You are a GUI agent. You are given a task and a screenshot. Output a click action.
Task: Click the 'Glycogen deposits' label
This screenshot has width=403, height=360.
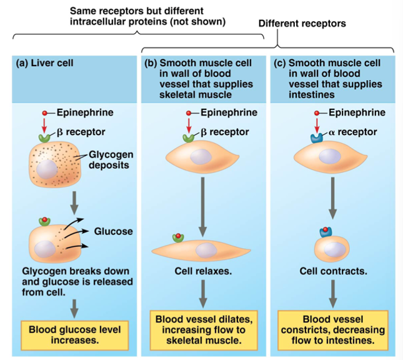coord(111,159)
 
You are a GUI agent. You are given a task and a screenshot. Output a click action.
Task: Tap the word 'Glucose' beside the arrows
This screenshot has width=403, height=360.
coord(113,231)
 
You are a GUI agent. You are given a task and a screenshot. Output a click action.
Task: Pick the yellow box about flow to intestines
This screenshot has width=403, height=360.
coord(332,329)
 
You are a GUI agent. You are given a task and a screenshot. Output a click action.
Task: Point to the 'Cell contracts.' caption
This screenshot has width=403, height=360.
coord(333,272)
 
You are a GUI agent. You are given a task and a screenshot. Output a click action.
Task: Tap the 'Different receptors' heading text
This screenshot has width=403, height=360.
coord(302,23)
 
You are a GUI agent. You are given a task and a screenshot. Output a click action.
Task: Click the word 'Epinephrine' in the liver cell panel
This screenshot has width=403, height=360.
coord(85,113)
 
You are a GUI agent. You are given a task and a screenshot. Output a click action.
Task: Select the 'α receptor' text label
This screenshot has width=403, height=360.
coord(354,132)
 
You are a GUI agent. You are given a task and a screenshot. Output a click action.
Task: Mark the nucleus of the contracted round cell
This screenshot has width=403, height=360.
coord(336,251)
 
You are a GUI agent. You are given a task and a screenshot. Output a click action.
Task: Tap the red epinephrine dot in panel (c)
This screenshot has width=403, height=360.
coord(318,113)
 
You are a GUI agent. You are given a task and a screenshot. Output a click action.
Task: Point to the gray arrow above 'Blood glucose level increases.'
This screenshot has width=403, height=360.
coord(74,307)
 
